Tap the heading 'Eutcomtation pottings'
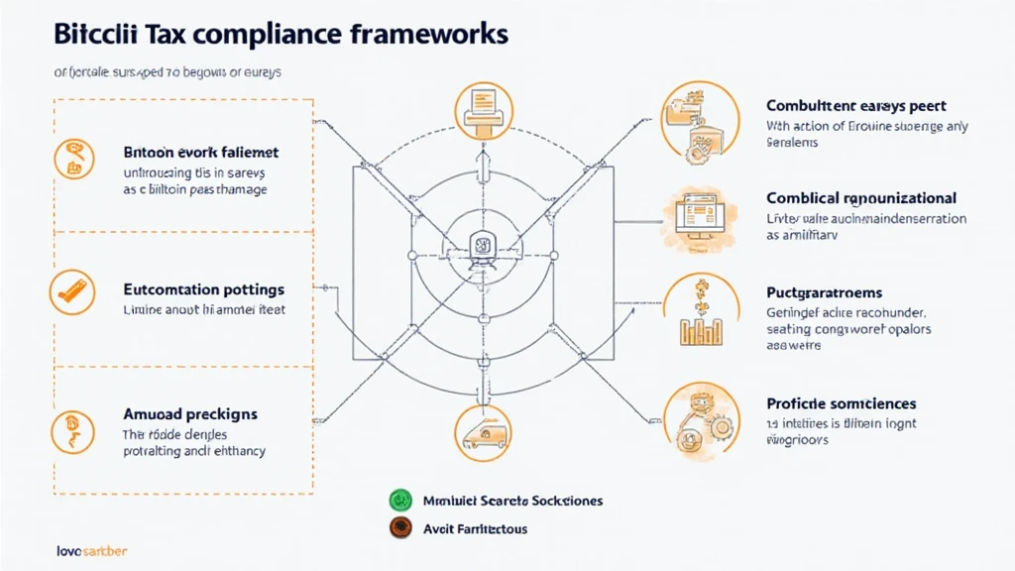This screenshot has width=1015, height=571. (x=204, y=290)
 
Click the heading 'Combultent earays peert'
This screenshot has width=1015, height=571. (x=855, y=105)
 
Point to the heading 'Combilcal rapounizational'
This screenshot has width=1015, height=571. (x=861, y=198)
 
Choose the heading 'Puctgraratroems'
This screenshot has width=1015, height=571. (x=825, y=293)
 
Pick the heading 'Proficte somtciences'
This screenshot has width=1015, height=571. (x=841, y=403)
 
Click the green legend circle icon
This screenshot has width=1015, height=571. (x=400, y=500)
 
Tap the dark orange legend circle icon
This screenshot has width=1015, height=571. (x=400, y=527)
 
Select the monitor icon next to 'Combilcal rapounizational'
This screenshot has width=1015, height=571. (x=700, y=213)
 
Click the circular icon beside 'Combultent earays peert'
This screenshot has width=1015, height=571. (x=700, y=121)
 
